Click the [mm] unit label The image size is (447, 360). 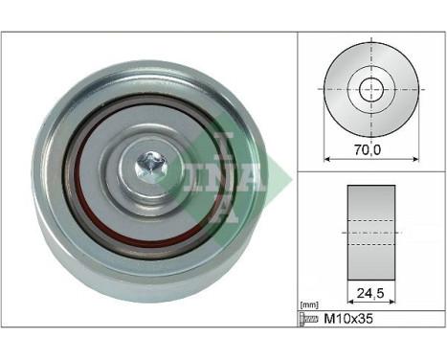[x=308, y=304]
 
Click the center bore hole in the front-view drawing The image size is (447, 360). [x=370, y=91]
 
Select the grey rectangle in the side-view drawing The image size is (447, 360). [x=371, y=227]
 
